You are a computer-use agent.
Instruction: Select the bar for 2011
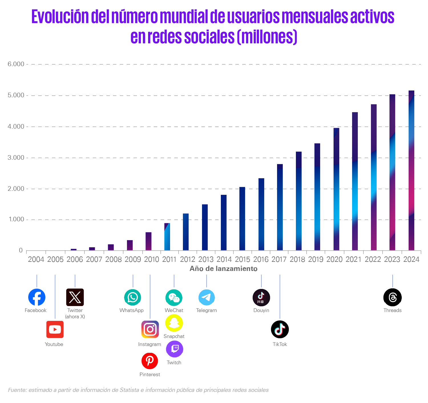[167, 237]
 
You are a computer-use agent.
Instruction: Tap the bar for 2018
[299, 201]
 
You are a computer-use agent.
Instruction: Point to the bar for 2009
[130, 245]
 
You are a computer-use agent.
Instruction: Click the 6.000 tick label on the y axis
[16, 64]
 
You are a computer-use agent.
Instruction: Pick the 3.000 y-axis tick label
[16, 158]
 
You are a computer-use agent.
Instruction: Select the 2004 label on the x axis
[36, 259]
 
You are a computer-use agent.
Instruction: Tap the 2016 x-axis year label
[261, 259]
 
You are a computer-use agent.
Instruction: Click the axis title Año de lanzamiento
[223, 269]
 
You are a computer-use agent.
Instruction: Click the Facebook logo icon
[37, 297]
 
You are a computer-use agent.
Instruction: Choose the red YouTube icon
[55, 329]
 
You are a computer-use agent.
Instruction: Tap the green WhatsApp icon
[133, 297]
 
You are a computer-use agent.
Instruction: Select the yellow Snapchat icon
[174, 323]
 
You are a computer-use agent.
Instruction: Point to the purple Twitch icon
[174, 349]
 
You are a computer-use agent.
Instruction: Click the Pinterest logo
[150, 361]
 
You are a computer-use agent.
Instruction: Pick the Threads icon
[393, 297]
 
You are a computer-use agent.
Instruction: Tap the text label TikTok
[280, 344]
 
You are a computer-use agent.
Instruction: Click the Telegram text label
[206, 310]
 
